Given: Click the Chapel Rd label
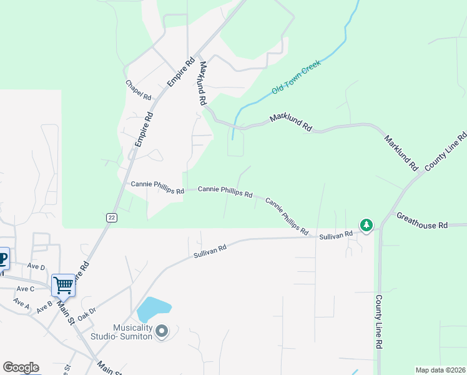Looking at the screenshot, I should click(139, 91).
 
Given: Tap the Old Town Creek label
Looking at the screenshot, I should click(296, 77).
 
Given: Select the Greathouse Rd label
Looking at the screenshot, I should click(422, 220).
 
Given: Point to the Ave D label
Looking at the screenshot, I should click(36, 267).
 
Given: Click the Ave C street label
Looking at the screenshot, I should click(26, 288).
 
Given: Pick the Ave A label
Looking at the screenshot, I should click(21, 304).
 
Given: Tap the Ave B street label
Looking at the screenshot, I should click(44, 307).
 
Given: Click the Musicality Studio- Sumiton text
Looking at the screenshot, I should click(132, 332).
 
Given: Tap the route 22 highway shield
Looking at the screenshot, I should click(111, 216).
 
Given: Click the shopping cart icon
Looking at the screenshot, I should click(64, 285).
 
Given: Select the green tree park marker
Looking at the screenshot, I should click(366, 224).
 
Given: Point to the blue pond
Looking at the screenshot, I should click(153, 309).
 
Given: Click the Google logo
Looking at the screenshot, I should click(21, 367).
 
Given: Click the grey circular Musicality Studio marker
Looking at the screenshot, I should click(162, 331).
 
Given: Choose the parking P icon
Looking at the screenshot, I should click(2, 258).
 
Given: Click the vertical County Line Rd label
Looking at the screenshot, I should click(379, 322).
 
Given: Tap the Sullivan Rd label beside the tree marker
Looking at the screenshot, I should click(336, 235).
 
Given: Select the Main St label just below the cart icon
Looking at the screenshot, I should click(66, 311).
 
